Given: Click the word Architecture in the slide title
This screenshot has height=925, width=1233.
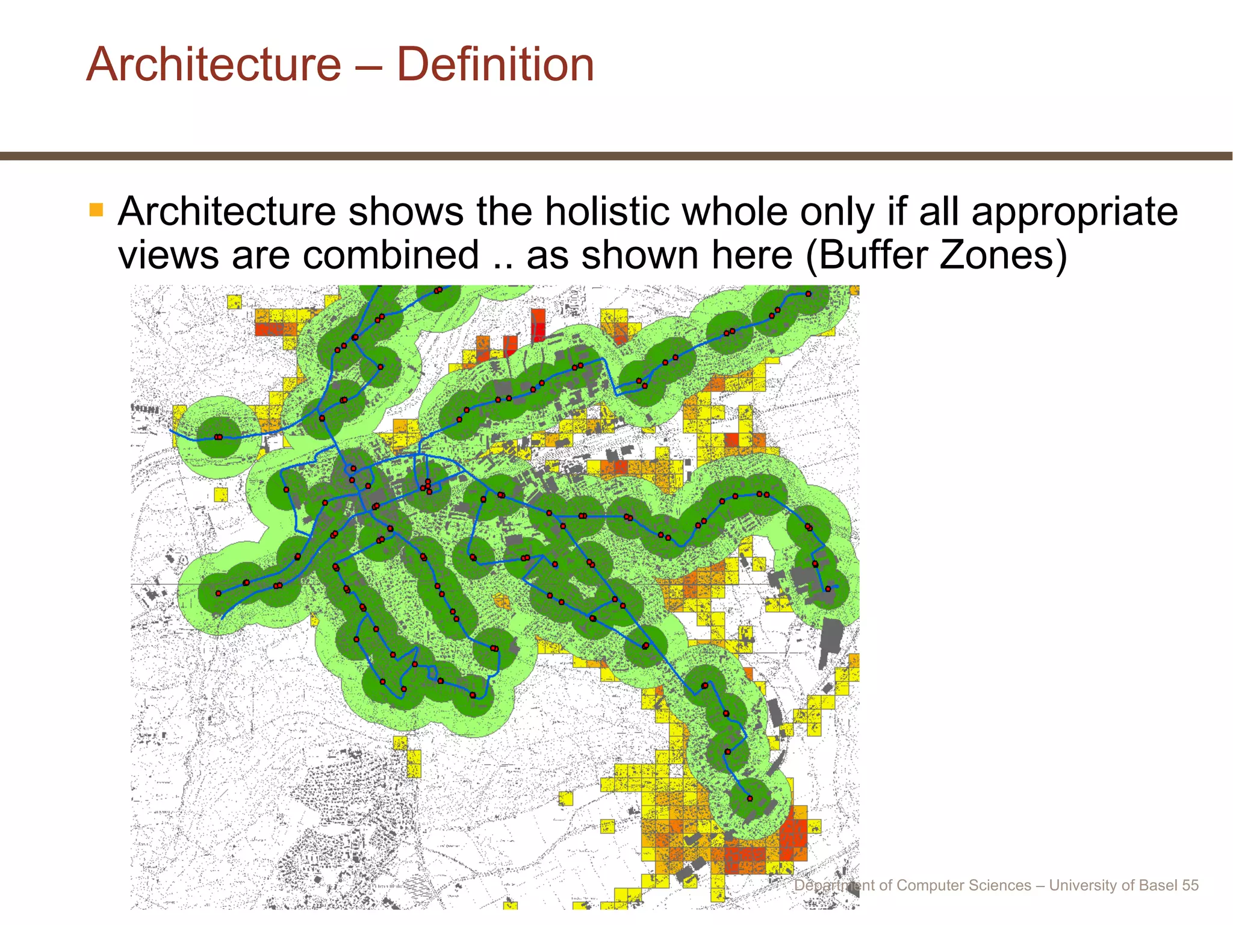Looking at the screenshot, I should pyautogui.click(x=214, y=64).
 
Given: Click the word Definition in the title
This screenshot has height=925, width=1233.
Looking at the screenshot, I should pyautogui.click(x=495, y=64).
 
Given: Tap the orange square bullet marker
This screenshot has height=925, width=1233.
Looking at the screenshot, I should pyautogui.click(x=96, y=210).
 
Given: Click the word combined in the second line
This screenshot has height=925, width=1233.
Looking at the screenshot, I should pyautogui.click(x=391, y=255).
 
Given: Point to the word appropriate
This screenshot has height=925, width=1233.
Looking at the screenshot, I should pyautogui.click(x=1074, y=212).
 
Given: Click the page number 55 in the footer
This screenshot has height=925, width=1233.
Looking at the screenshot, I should pyautogui.click(x=1190, y=885).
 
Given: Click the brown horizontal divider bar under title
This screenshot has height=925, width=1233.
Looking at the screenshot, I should pyautogui.click(x=616, y=156).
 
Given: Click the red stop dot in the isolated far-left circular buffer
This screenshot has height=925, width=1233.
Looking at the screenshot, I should pyautogui.click(x=218, y=437).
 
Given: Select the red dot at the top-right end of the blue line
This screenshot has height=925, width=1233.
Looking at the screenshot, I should pyautogui.click(x=808, y=294).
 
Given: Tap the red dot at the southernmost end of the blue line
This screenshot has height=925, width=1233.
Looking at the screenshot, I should pyautogui.click(x=750, y=799).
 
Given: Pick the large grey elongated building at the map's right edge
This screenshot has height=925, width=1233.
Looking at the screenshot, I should pyautogui.click(x=831, y=641).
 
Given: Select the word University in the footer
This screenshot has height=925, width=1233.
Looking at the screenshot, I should pyautogui.click(x=1081, y=885).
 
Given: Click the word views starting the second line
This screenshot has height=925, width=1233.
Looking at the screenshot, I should pyautogui.click(x=168, y=255).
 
